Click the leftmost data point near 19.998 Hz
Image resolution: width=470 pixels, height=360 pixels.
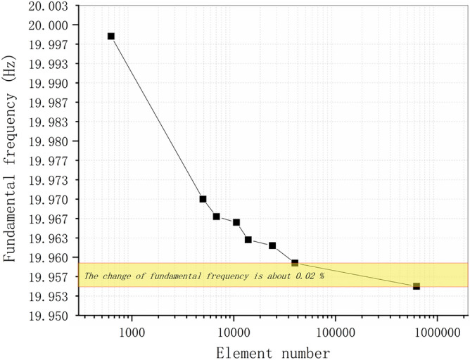point(110,36)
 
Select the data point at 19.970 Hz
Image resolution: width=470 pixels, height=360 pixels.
point(203,199)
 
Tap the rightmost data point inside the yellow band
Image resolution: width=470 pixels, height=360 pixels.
point(417,286)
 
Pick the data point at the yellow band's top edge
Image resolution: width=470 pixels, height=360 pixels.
point(295,263)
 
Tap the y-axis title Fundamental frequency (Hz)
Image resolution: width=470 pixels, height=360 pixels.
point(10,160)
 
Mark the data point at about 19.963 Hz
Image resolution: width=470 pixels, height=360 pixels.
point(248,240)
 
